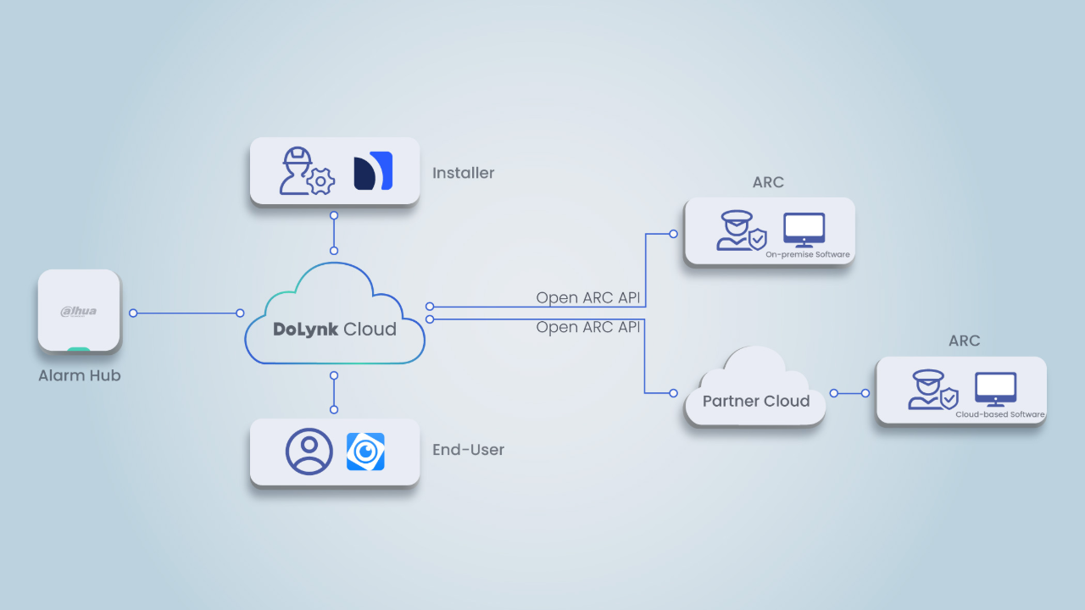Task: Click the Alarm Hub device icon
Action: (79, 310)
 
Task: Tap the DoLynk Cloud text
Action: (335, 330)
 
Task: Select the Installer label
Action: (463, 173)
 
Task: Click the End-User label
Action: (468, 450)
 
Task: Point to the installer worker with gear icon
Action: (304, 171)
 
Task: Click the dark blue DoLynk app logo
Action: (373, 170)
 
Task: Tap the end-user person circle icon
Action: (309, 452)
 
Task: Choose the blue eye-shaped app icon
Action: (365, 452)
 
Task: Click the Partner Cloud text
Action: (756, 401)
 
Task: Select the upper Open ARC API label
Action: (588, 298)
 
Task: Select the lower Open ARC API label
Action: (588, 327)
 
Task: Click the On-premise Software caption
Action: (807, 254)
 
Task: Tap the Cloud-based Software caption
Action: (1000, 414)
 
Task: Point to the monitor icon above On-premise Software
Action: (804, 229)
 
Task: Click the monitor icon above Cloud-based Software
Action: (995, 388)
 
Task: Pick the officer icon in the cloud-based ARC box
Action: (931, 390)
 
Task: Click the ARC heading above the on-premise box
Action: (768, 182)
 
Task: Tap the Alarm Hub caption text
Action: (80, 375)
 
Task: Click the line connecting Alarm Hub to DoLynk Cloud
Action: (186, 313)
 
